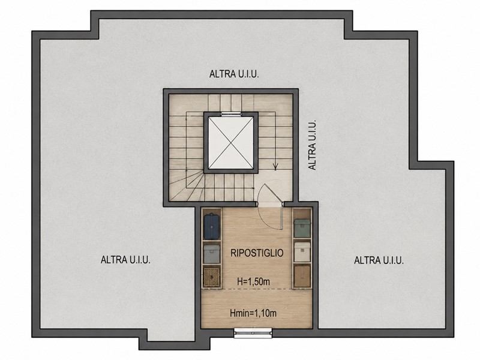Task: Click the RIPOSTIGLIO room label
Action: point(257,253)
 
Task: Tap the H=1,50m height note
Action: point(253,281)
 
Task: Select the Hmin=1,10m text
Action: point(253,313)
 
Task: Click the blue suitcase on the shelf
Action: point(212,226)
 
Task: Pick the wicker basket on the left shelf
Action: point(212,277)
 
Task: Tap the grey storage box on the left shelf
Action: point(212,254)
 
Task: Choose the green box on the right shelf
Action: point(302,227)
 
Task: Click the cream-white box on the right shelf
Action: point(302,252)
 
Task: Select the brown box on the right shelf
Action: point(302,276)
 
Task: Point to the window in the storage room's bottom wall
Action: point(253,333)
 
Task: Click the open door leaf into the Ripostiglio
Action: point(281,216)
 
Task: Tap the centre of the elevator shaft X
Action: point(231,142)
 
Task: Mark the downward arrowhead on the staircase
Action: point(275,167)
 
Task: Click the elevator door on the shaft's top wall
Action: point(231,114)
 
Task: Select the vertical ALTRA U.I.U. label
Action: point(312,145)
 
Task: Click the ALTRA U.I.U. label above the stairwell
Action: point(234,74)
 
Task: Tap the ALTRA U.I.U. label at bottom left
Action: point(125,260)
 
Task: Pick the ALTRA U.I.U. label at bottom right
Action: point(379,260)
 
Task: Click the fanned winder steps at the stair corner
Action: point(185,186)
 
